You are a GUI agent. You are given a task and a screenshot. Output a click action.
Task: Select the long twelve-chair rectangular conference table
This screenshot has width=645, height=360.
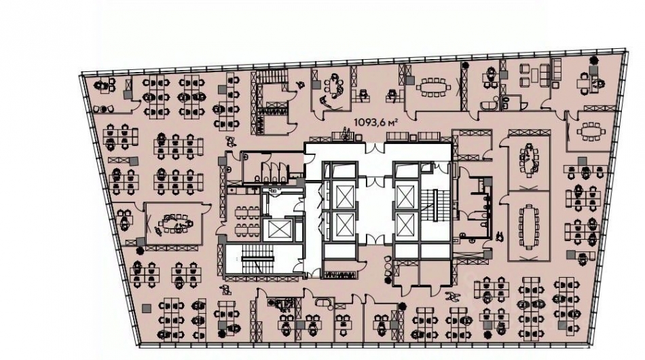click(x=529, y=227)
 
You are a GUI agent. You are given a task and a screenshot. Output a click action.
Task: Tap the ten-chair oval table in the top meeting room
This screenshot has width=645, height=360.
click(x=433, y=87)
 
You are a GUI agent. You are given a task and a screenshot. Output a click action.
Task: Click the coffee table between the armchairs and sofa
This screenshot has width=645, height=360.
click(x=534, y=75)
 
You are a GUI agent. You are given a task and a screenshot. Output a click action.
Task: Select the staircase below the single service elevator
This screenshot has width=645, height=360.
click(x=257, y=259)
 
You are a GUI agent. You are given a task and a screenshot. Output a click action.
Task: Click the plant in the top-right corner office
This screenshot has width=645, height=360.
click(x=594, y=60)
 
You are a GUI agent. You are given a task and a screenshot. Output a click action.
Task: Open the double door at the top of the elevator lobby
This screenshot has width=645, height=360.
click(x=374, y=147)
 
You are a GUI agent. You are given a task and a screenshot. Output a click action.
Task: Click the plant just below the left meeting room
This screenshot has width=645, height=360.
click(x=141, y=250)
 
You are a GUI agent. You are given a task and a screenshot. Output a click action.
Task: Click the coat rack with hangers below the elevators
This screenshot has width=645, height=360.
click(x=340, y=275)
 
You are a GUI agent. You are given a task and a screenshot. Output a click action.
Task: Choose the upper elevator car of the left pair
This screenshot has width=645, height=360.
click(x=345, y=197)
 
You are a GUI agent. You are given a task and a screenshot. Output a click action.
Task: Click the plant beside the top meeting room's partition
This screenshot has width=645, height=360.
click(x=465, y=65)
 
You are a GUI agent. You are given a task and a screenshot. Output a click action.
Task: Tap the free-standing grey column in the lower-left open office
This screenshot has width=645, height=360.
click(x=145, y=308)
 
